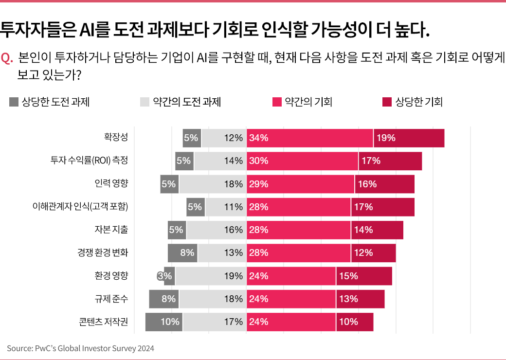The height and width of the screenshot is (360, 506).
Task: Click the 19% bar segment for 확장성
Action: click(x=409, y=138)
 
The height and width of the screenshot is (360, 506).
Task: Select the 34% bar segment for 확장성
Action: click(x=310, y=138)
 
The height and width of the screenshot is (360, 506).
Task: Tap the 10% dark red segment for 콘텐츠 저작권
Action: click(x=354, y=322)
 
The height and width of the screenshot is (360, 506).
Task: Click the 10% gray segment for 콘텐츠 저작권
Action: click(x=164, y=322)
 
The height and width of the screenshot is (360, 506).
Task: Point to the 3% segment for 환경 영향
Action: click(x=169, y=276)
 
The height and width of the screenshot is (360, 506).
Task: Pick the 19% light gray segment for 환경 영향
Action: click(x=211, y=276)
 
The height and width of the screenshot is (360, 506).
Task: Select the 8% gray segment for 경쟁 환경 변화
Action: click(x=182, y=253)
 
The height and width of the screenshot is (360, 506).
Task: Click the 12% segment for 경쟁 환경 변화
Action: click(x=373, y=253)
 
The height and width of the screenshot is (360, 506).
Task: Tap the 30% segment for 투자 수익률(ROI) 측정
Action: click(x=302, y=161)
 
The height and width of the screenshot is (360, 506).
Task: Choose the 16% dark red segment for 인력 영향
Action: click(x=384, y=184)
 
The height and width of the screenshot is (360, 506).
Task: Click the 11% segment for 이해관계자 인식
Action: click(x=226, y=207)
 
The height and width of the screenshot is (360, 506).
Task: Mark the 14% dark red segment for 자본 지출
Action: click(x=377, y=230)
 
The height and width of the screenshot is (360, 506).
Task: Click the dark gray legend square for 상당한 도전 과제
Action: click(x=14, y=102)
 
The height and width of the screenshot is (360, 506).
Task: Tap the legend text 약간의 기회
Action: click(x=308, y=102)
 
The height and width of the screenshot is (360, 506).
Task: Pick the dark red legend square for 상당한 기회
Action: click(x=387, y=102)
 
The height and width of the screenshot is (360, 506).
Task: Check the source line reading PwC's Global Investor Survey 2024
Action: click(x=80, y=348)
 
